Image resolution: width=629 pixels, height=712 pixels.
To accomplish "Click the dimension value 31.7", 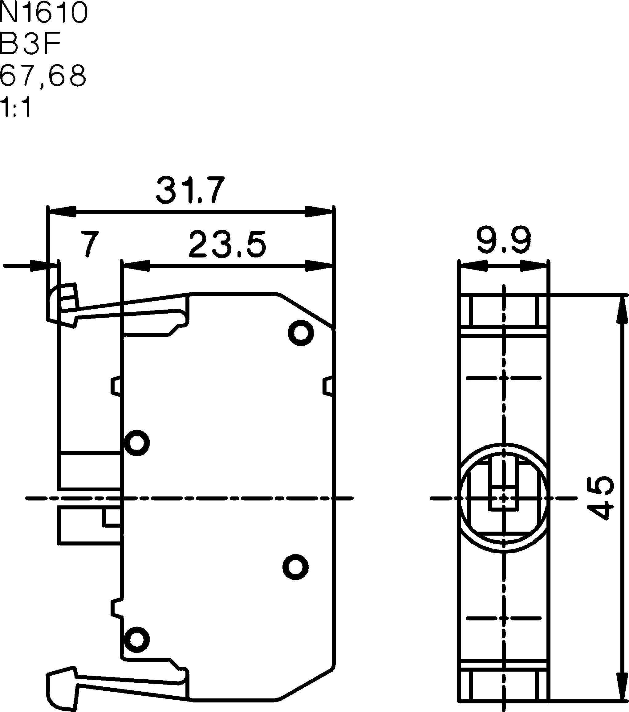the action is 190,190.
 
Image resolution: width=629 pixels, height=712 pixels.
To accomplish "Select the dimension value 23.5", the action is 228,244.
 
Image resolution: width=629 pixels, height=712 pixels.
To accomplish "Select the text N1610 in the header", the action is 44,12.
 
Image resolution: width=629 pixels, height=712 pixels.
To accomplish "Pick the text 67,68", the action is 43,76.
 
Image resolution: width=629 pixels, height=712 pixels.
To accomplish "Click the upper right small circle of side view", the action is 301,333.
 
